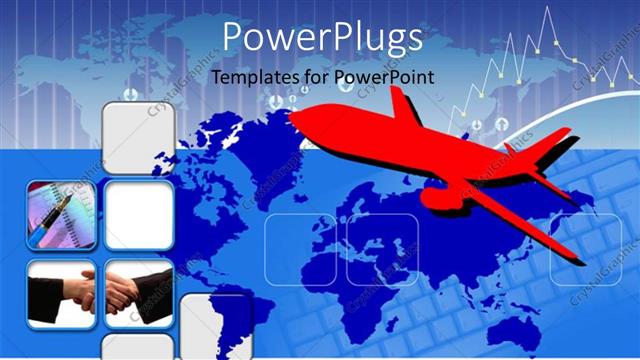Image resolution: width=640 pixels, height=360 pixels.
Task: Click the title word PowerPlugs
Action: [x=321, y=38]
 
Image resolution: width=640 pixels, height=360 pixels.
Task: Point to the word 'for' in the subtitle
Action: [x=316, y=77]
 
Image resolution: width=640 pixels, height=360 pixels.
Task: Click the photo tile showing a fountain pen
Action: [x=61, y=215]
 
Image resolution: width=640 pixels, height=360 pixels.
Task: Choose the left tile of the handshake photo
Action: [x=61, y=294]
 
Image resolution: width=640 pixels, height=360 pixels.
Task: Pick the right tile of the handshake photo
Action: [x=139, y=294]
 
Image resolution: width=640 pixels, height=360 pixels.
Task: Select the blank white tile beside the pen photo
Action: [x=139, y=215]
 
